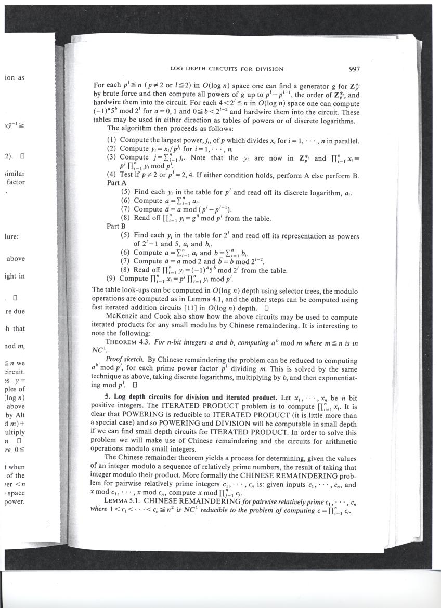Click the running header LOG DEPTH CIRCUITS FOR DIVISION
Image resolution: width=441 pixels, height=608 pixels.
[226, 69]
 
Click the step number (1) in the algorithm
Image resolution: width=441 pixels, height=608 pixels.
[111, 140]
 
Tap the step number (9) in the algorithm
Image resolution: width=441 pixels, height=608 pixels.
[111, 279]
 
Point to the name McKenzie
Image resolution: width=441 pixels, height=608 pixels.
[122, 316]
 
